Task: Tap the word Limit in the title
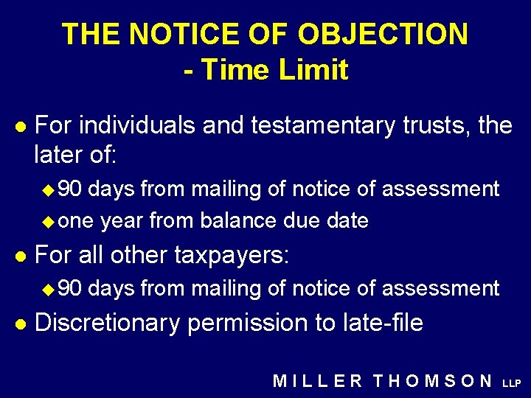point(311,70)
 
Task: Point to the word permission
point(245,323)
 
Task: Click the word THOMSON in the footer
point(433,381)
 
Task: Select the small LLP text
point(512,383)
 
